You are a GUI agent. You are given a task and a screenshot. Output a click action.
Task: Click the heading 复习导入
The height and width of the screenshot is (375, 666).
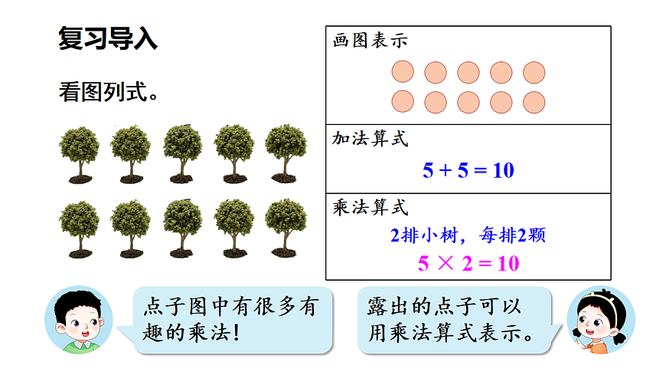108,39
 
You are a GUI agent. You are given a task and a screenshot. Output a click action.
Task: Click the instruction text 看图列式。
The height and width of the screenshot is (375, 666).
109,92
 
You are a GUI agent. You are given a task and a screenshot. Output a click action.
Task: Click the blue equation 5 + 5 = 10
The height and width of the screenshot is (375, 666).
468,170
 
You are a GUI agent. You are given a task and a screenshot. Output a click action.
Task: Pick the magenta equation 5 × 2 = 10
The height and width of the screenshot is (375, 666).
468,265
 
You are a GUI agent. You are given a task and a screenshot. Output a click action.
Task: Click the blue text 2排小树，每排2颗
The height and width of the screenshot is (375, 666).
468,235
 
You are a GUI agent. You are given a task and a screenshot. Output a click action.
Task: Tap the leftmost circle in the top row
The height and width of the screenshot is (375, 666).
403,72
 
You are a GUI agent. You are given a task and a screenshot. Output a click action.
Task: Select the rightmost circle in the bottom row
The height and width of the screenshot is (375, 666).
534,102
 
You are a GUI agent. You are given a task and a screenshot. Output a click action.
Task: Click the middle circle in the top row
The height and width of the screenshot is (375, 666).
468,72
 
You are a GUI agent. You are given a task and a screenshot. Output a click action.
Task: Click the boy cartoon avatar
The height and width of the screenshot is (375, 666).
77,321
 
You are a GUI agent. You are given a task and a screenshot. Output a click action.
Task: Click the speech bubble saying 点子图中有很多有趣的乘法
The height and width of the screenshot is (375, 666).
230,320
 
